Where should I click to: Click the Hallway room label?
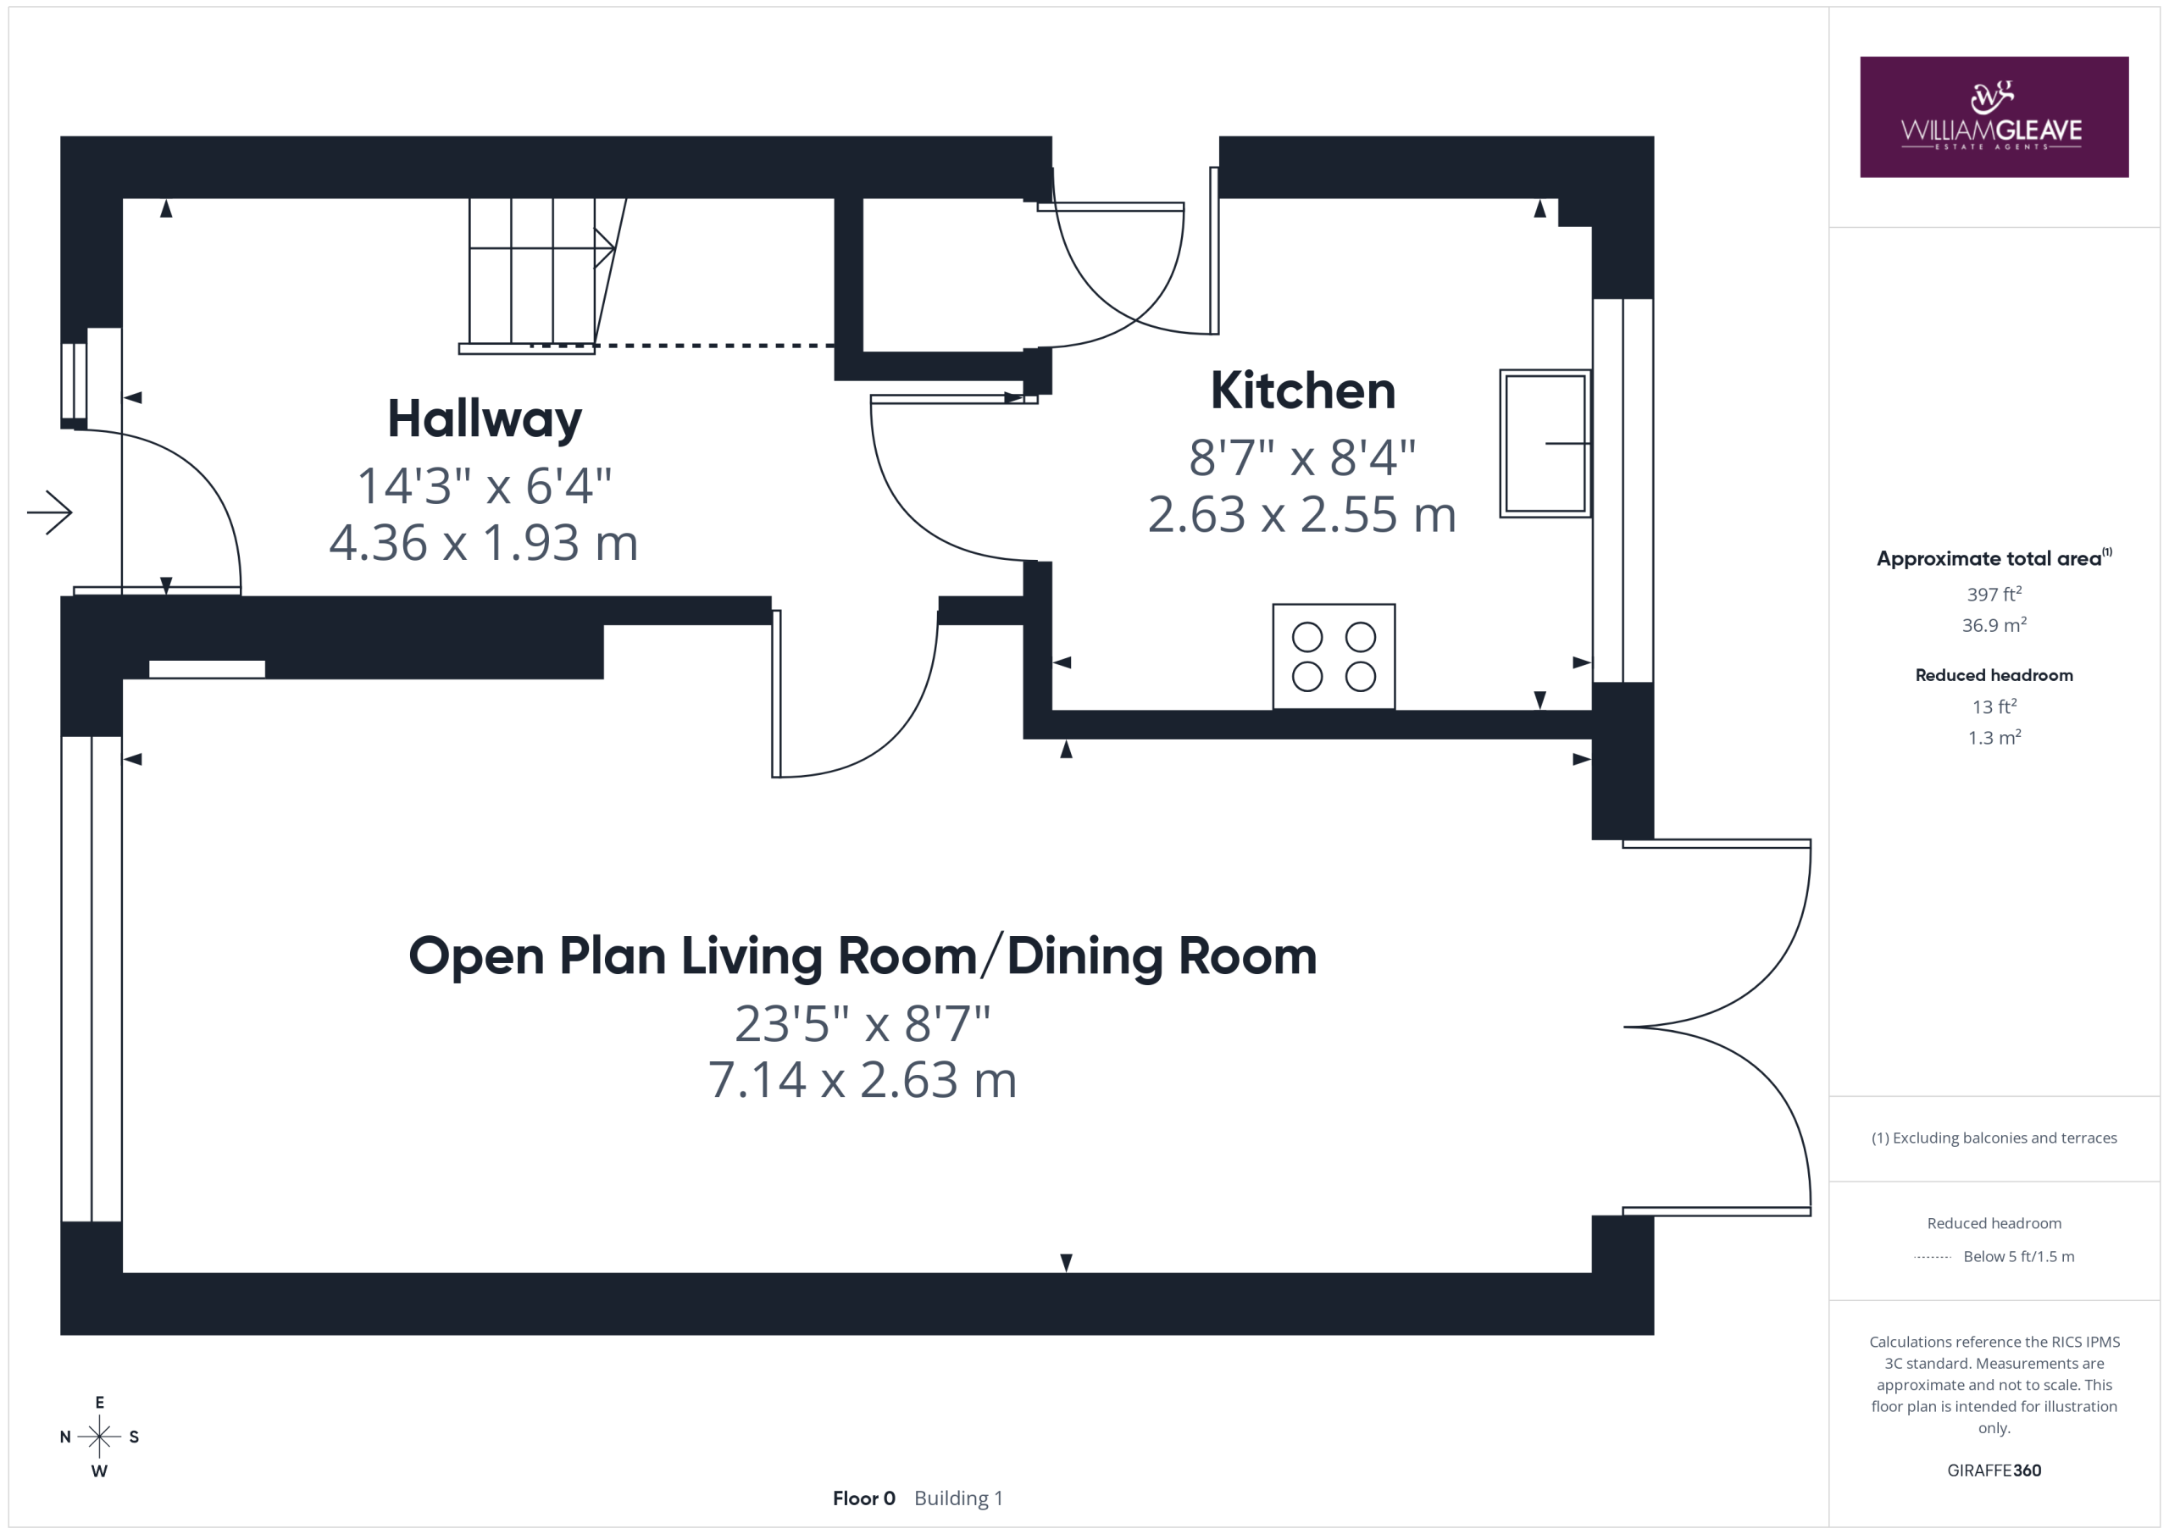(485, 418)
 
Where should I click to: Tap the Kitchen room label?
(1303, 390)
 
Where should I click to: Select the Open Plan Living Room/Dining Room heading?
(863, 956)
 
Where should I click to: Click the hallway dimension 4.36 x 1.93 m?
(484, 543)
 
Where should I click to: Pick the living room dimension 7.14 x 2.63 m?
(863, 1080)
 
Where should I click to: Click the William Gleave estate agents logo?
(1994, 117)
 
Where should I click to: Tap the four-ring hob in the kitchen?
(1334, 656)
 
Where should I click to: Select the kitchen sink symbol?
(1545, 443)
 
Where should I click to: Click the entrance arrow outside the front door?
(50, 513)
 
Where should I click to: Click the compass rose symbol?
(99, 1437)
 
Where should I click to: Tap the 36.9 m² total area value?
(1994, 624)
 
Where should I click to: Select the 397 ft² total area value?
(1994, 594)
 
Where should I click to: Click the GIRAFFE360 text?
(1994, 1470)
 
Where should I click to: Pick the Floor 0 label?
(863, 1498)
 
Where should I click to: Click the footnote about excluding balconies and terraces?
(1994, 1138)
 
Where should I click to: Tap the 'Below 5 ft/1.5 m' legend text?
(2019, 1256)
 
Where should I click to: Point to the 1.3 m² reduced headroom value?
(1994, 737)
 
